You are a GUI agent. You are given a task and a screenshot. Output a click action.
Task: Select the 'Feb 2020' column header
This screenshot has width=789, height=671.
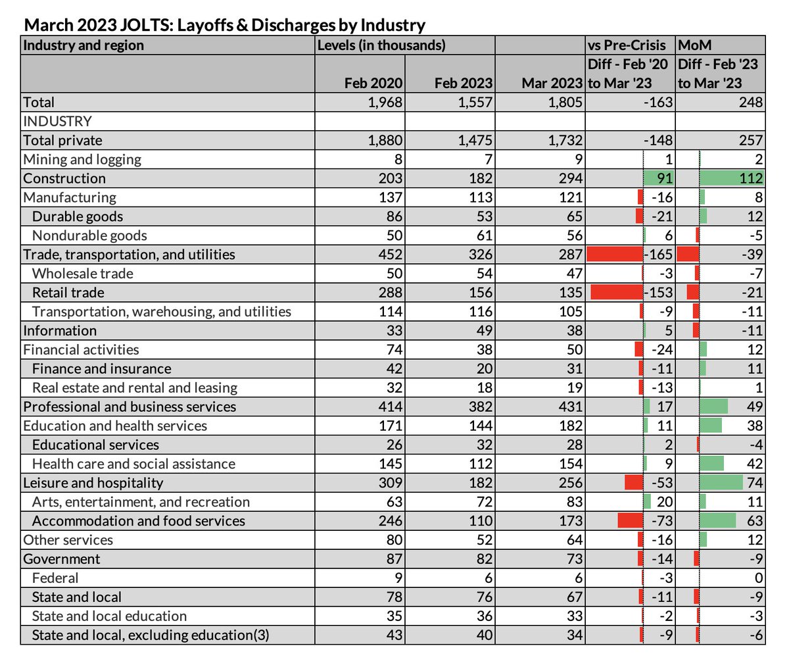click(x=373, y=83)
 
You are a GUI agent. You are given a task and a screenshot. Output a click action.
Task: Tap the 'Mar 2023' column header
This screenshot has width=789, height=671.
click(x=552, y=83)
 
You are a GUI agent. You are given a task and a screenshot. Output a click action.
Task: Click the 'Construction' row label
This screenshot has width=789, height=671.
click(x=64, y=178)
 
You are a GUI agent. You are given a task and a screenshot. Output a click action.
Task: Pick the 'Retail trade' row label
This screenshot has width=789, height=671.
click(x=68, y=293)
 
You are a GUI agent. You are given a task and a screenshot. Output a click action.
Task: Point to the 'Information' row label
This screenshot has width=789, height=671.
click(x=60, y=331)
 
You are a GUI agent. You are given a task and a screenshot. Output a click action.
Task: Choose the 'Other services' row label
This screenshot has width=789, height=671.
click(x=68, y=540)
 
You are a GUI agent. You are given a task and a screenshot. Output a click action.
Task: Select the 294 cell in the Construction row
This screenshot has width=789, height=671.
click(x=569, y=178)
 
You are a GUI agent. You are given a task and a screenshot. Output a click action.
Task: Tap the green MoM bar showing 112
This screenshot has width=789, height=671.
click(x=723, y=178)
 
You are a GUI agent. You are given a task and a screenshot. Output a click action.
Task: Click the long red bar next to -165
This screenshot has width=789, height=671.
click(x=613, y=255)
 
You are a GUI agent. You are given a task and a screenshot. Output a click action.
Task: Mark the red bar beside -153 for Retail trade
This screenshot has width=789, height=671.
click(x=616, y=293)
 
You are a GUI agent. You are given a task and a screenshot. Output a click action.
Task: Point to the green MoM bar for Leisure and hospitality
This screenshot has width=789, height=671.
click(x=721, y=483)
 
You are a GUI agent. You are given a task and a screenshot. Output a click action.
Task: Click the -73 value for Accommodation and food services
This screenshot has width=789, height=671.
click(x=661, y=521)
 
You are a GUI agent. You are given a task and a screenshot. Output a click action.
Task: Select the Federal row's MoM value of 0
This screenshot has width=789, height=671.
click(x=758, y=578)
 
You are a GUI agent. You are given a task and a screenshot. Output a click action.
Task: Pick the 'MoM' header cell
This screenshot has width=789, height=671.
click(x=694, y=45)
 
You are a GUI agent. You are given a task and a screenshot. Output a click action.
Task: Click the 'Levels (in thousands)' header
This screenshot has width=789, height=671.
click(x=381, y=45)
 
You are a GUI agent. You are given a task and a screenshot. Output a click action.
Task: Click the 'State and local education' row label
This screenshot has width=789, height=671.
click(x=109, y=616)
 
